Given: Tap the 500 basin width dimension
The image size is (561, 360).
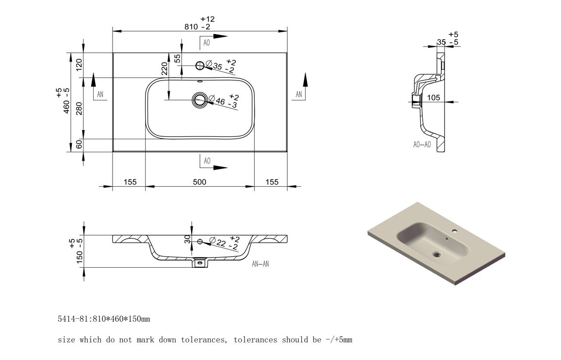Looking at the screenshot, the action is coord(199,182).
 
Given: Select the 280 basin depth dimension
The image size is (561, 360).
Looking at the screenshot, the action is coord(79,108).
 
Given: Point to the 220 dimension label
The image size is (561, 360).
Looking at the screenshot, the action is coord(165,68).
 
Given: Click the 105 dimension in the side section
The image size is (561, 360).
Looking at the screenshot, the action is coord(433,98).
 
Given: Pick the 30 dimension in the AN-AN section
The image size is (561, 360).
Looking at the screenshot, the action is coord(187,239).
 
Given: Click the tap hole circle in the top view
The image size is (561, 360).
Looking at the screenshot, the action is coord(199,65).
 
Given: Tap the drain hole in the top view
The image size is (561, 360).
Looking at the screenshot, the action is coord(199,100).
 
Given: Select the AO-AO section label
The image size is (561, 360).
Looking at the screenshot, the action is coord(422,145).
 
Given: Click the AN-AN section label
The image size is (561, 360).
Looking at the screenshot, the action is coord(260,264).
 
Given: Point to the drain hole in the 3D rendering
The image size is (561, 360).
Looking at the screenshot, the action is coord(437,254).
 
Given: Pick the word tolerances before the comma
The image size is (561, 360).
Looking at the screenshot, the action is coord(203,340).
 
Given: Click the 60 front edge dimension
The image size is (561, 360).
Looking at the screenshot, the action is coord(79,144).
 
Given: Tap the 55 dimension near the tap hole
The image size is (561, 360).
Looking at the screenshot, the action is coord(178,58).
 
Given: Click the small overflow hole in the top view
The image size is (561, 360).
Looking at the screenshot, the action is coord(199,81).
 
